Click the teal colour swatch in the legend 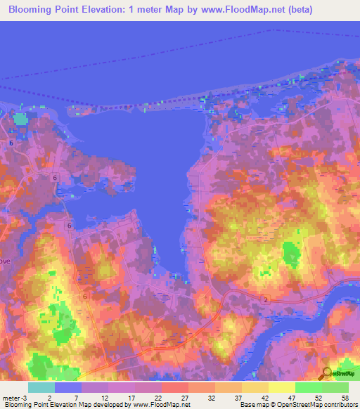pyautogui.click(x=41, y=387)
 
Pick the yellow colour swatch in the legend pyautogui.click(x=281, y=387)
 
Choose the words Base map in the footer pyautogui.click(x=254, y=405)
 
